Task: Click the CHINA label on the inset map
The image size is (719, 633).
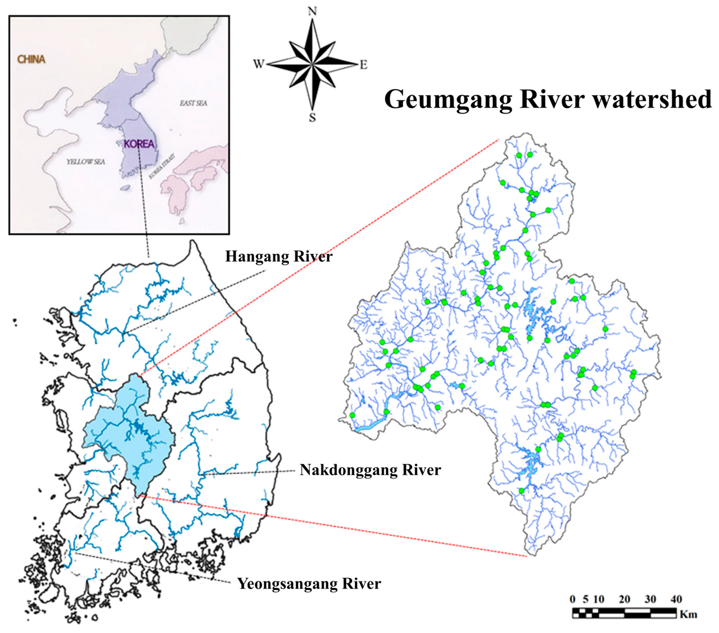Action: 32,59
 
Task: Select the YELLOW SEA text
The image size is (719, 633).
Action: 86,162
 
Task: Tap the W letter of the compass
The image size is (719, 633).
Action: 258,64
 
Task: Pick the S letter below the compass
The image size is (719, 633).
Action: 312,118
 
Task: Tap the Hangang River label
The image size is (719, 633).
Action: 279,257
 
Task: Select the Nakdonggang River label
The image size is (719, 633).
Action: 370,470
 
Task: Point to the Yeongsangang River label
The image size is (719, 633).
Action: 309,584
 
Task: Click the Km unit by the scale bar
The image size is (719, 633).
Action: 688,615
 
